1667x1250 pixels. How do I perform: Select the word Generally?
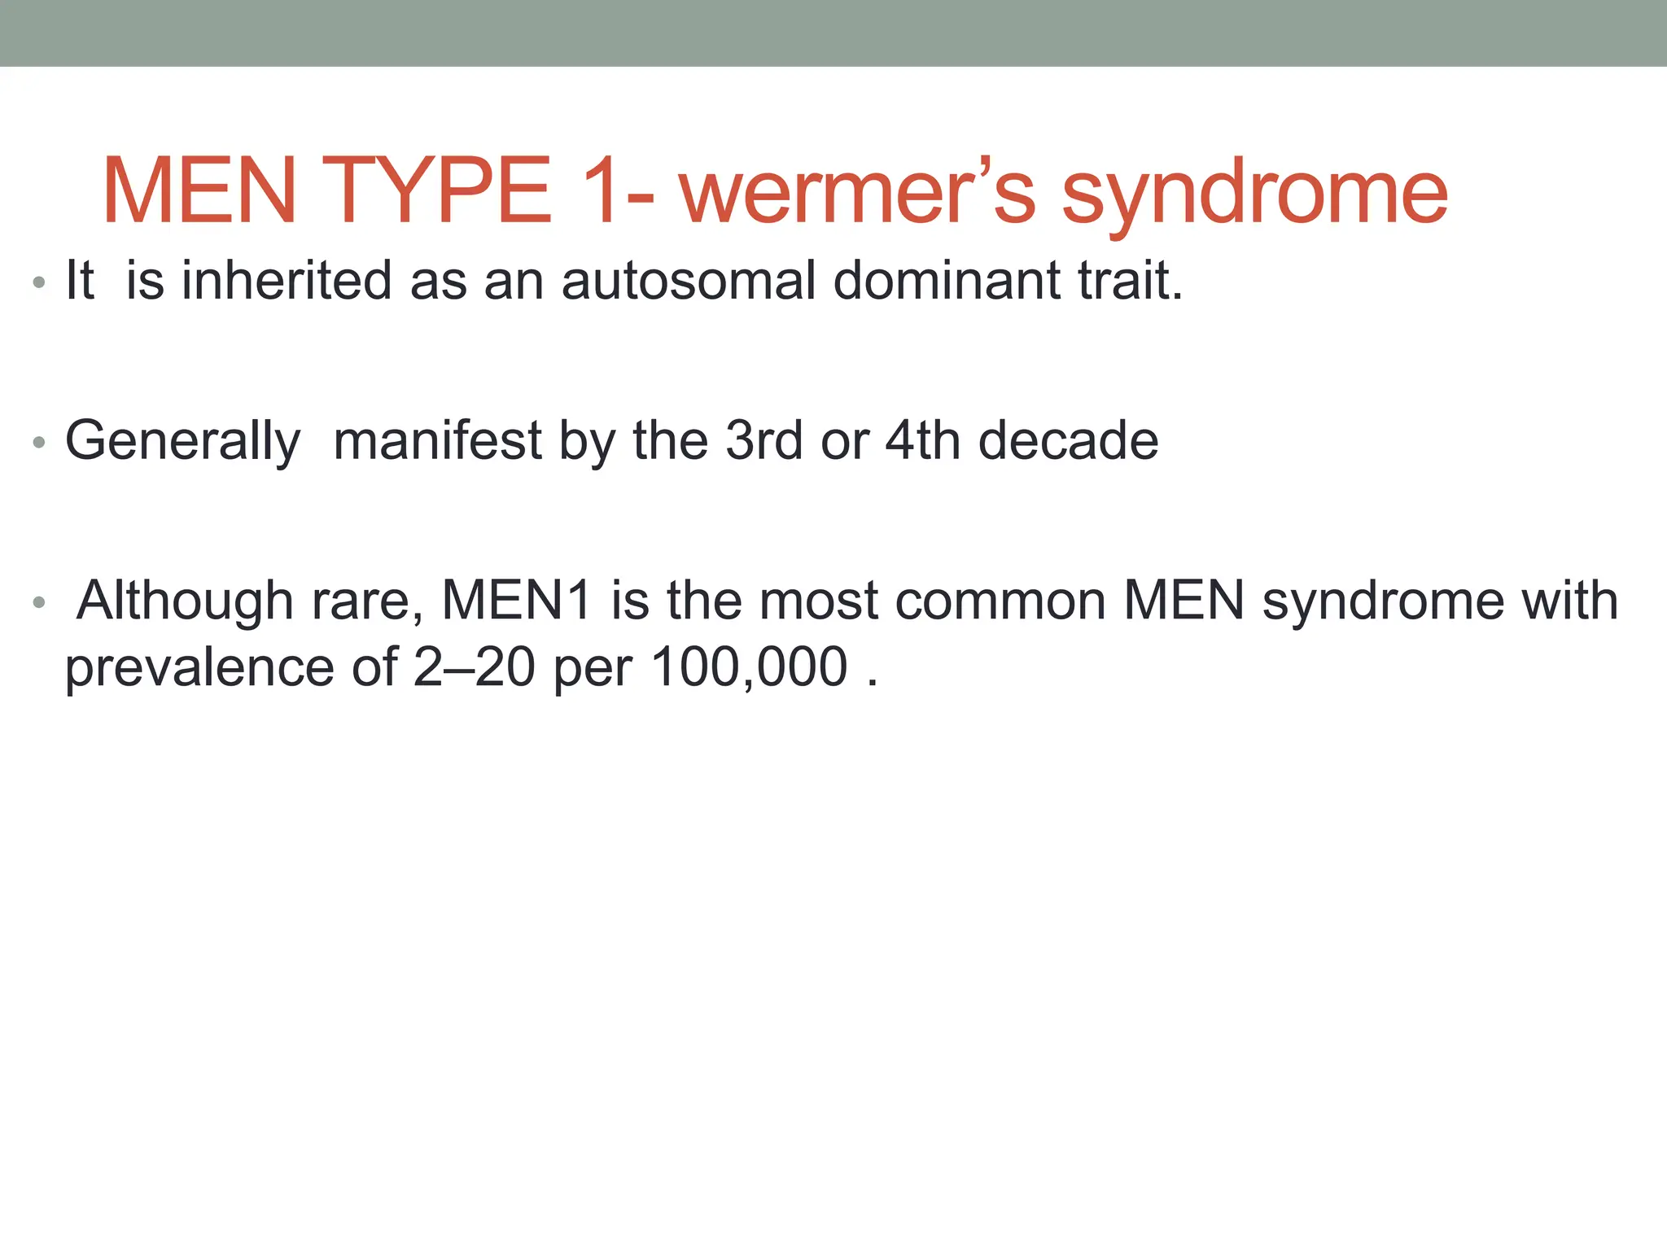(x=183, y=442)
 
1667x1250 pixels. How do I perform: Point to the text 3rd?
(x=764, y=440)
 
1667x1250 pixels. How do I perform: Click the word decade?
(x=1068, y=440)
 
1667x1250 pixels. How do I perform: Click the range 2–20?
(x=475, y=667)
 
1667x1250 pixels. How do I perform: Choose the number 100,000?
(x=750, y=667)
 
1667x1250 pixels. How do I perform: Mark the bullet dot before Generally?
(x=38, y=443)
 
